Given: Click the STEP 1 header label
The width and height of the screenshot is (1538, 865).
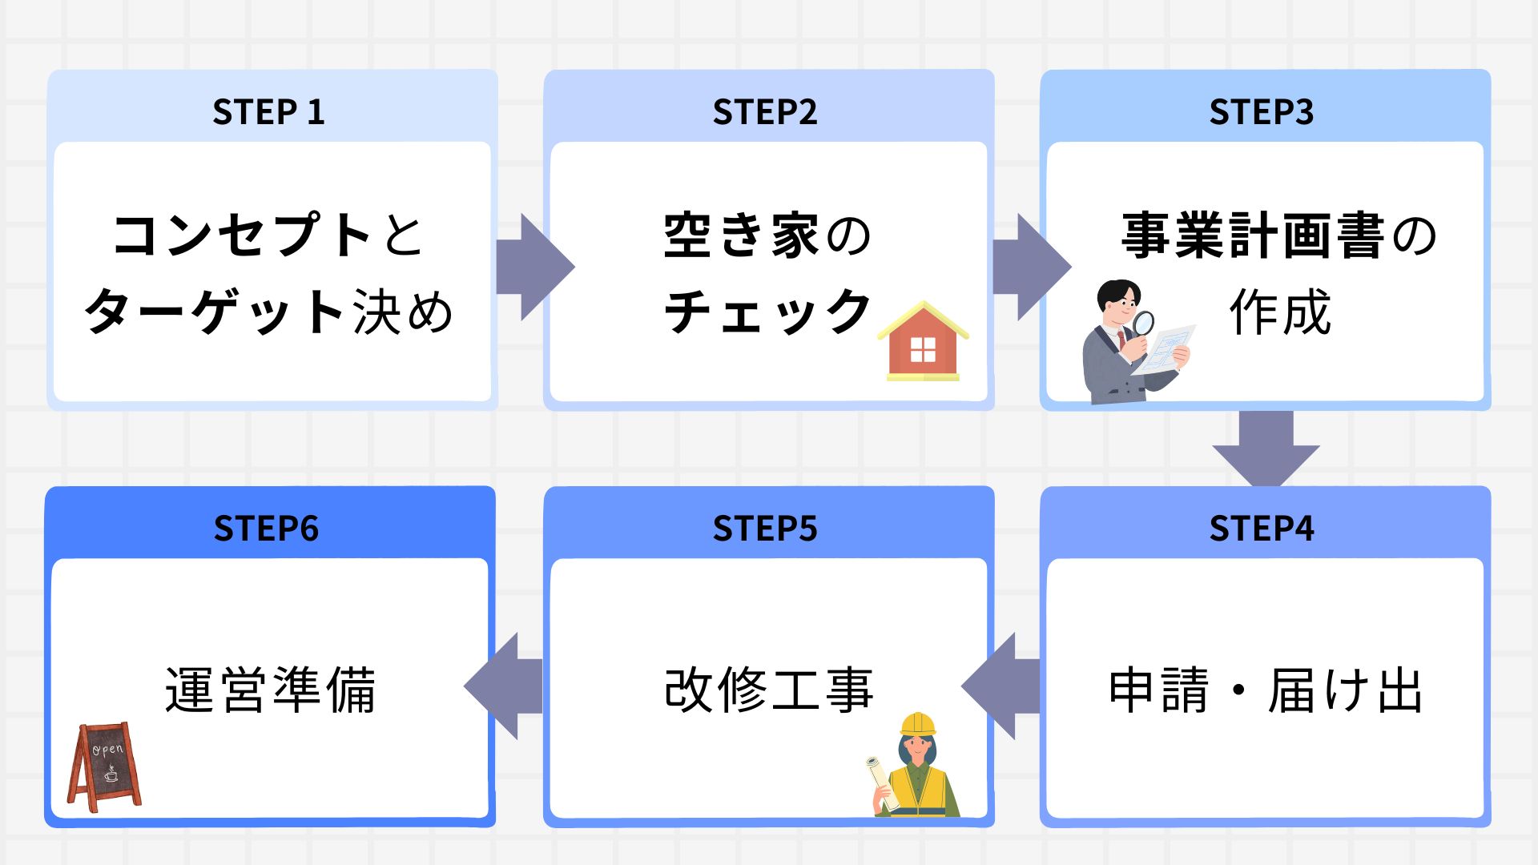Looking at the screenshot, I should [x=268, y=112].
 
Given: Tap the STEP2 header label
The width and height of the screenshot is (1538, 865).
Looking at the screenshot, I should [x=765, y=112].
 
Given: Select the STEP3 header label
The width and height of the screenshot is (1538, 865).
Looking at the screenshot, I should [x=1262, y=112].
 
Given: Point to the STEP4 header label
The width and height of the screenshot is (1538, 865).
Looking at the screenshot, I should [x=1262, y=529].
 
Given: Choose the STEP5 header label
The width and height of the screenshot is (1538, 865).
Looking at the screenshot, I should [x=765, y=529].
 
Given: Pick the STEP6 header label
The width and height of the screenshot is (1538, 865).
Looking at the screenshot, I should [x=266, y=529].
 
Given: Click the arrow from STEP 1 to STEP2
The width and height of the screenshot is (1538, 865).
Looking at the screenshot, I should [x=533, y=267].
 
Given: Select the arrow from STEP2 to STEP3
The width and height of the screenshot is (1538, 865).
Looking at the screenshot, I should [x=1029, y=267].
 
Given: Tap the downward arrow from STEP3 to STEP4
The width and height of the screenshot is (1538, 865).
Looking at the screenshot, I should [x=1266, y=449].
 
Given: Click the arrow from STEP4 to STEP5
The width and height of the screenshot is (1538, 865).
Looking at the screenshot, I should [x=1001, y=686].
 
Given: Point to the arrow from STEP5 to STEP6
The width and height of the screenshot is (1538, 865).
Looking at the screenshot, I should [x=505, y=686].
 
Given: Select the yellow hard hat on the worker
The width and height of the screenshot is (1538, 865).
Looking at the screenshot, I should [x=918, y=724].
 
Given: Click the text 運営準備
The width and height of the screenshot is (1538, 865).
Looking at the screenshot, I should [x=270, y=690].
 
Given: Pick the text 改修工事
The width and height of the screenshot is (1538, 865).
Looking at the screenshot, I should [x=768, y=690].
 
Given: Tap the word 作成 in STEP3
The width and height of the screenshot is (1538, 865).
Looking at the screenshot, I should [x=1280, y=312].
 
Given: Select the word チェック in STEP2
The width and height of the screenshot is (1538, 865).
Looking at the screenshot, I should [x=767, y=312].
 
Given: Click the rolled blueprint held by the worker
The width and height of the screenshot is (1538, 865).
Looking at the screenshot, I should [x=881, y=781].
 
